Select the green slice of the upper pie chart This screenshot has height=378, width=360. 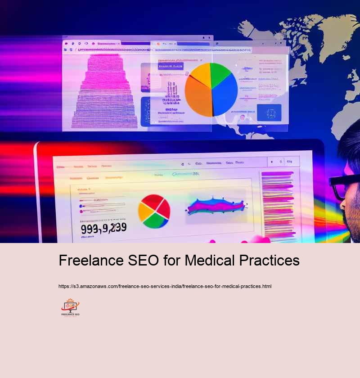(220, 74)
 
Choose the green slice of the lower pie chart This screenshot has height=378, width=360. (155, 219)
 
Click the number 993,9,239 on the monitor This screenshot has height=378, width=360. (103, 228)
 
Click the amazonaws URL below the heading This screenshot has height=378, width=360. (165, 286)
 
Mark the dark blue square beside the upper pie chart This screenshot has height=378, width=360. (269, 113)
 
